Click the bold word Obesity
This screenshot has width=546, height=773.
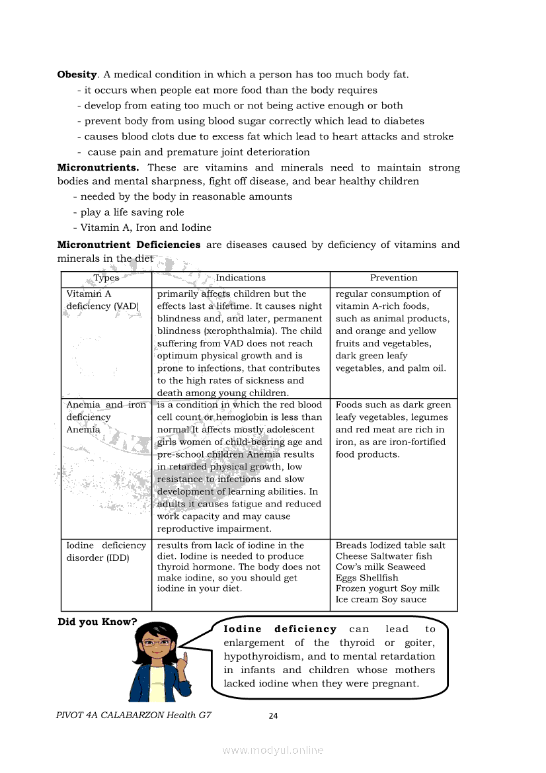pos(77,75)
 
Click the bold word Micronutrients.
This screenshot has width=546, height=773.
pos(98,168)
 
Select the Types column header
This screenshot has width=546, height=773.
pos(106,278)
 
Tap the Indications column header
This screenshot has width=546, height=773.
pos(241,278)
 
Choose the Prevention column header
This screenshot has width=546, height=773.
pos(393,278)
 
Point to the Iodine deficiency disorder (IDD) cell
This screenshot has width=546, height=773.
pos(106,551)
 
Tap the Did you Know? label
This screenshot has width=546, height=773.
pos(97,622)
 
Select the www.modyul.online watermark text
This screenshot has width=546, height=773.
pos(273,751)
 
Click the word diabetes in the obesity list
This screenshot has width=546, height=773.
pos(403,122)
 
